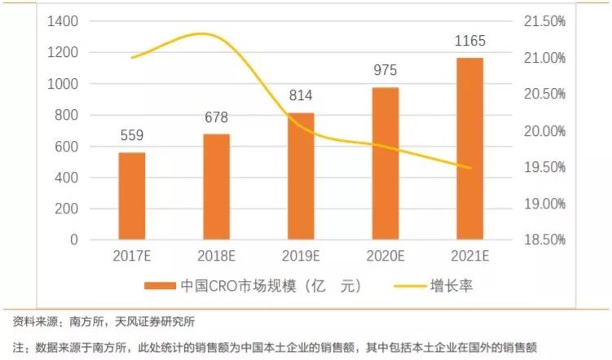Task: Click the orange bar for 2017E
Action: coord(132,196)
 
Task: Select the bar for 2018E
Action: coord(216,187)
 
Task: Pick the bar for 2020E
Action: coord(385,164)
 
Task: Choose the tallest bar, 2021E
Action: coord(469,148)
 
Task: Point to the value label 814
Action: coord(301,96)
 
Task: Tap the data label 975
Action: coord(385,71)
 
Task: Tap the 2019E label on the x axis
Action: coord(301,256)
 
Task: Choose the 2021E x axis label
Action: coord(469,256)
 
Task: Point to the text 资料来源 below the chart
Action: coord(33,320)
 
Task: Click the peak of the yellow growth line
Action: coord(204,33)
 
